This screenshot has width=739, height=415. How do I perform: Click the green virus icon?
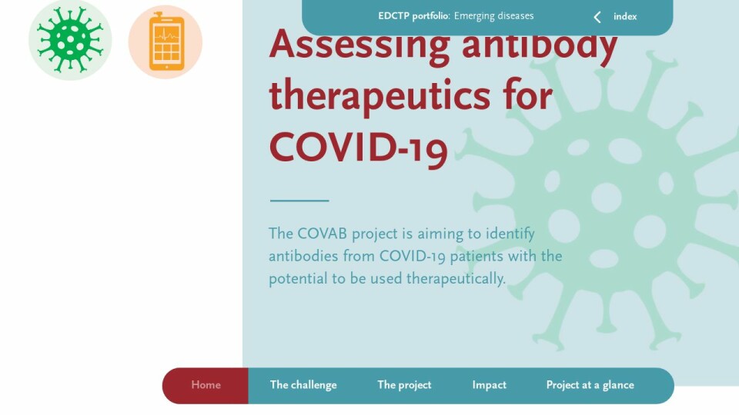click(x=70, y=40)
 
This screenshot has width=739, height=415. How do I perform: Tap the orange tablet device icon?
click(x=166, y=41)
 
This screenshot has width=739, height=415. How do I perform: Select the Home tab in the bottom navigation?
click(x=206, y=385)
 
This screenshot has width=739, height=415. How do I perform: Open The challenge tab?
click(x=303, y=385)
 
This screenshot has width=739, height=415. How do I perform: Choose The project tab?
click(x=404, y=385)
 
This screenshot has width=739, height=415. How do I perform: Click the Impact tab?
click(x=490, y=385)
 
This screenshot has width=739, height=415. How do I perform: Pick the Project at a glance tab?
click(x=590, y=385)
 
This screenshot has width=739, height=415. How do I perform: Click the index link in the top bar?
click(x=625, y=16)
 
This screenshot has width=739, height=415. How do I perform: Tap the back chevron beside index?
click(x=597, y=17)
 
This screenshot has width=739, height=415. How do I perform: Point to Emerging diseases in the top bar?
click(x=494, y=16)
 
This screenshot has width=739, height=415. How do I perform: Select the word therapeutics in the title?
click(x=380, y=96)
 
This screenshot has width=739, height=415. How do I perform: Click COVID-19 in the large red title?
click(x=358, y=148)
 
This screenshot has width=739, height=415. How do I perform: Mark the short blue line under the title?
click(x=299, y=201)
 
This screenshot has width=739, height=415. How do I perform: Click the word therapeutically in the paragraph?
click(x=456, y=278)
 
